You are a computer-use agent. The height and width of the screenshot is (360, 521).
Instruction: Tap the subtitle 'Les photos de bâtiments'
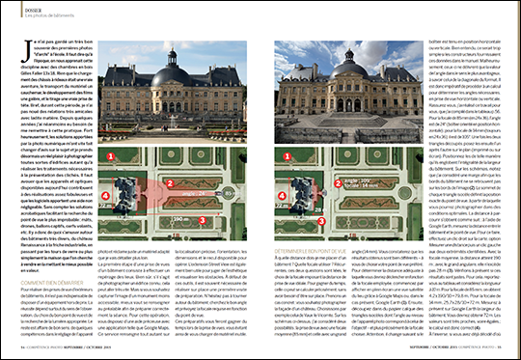pyautogui.click(x=42, y=15)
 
